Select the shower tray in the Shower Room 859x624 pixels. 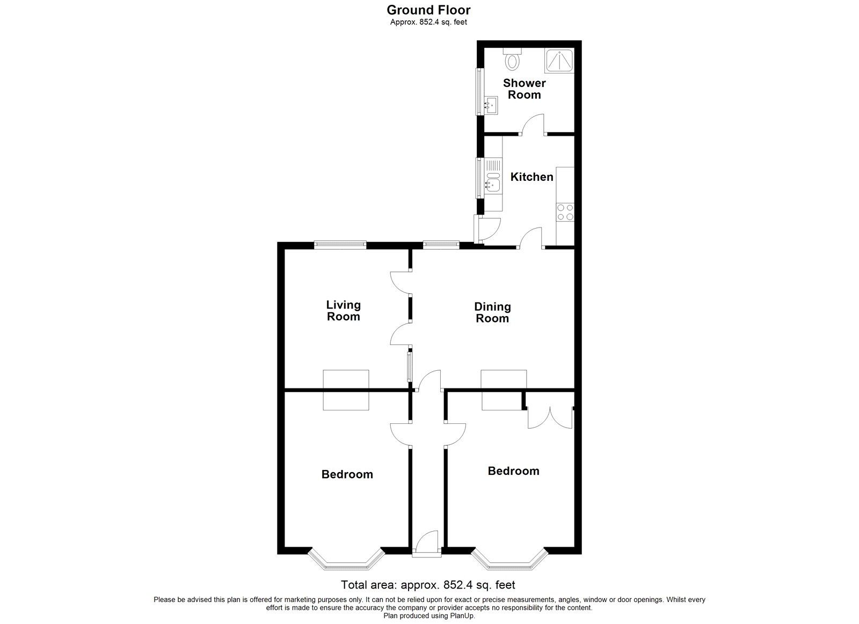coord(559,61)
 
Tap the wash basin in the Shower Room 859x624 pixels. coord(491,106)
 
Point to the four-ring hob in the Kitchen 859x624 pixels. coord(565,212)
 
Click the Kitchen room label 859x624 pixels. coord(532,177)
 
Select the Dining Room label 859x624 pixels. coord(492,313)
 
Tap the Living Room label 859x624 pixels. coord(343,311)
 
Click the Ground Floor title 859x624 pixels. coord(428,10)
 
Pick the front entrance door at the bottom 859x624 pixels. coord(427,543)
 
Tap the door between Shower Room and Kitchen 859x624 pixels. coord(534,124)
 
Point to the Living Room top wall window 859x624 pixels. coord(340,245)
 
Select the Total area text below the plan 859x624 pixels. coord(428,585)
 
